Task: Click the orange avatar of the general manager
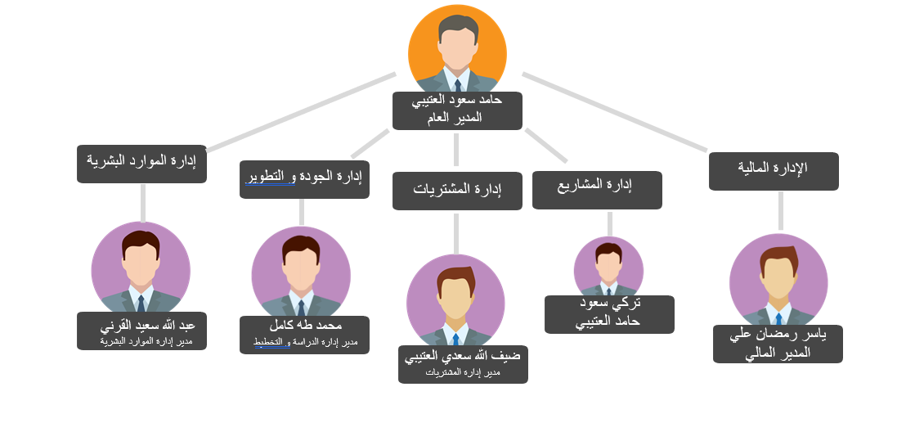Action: pyautogui.click(x=457, y=49)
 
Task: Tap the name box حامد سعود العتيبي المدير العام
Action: pyautogui.click(x=457, y=110)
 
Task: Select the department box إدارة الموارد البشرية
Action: pyautogui.click(x=141, y=164)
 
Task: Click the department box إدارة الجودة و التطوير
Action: pyautogui.click(x=304, y=179)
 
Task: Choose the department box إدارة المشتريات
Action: pyautogui.click(x=457, y=191)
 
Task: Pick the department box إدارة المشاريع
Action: pyautogui.click(x=597, y=190)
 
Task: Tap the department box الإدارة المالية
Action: pyautogui.click(x=774, y=171)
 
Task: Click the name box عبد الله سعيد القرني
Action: pyautogui.click(x=141, y=331)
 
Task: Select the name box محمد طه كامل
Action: pyautogui.click(x=304, y=335)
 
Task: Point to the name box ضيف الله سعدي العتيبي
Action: pyautogui.click(x=463, y=364)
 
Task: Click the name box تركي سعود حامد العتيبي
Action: pyautogui.click(x=609, y=314)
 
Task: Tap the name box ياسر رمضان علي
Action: pyautogui.click(x=778, y=344)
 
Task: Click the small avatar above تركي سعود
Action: pyautogui.click(x=608, y=266)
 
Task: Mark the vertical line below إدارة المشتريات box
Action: pyautogui.click(x=456, y=233)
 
